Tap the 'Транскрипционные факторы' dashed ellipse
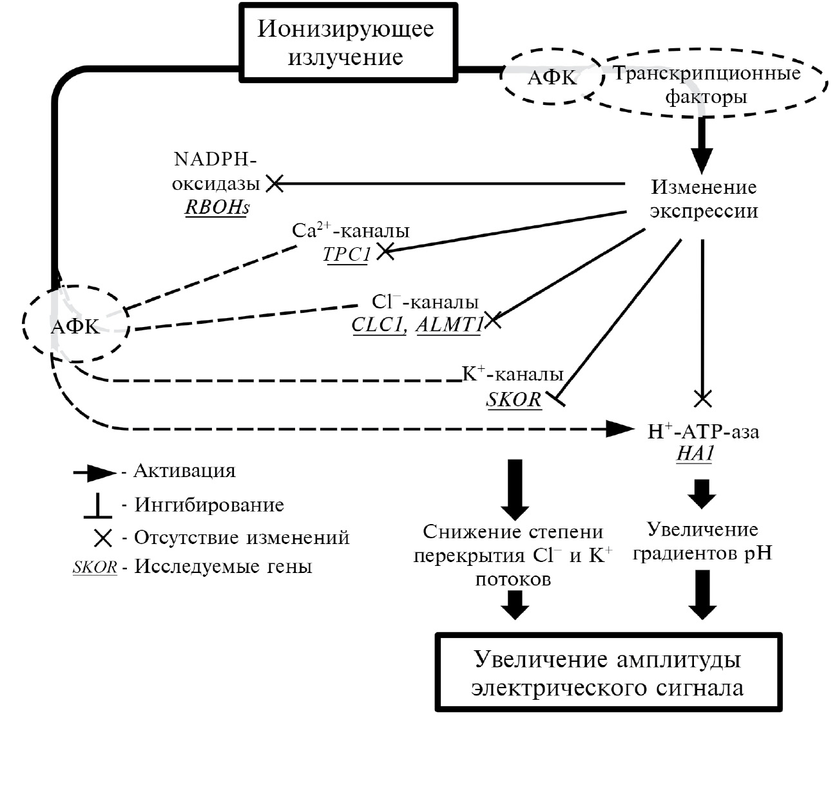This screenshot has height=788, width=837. tap(707, 85)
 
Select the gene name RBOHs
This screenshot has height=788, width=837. tap(217, 207)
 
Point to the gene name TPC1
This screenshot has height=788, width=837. tap(347, 254)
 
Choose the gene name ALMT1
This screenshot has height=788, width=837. tap(449, 324)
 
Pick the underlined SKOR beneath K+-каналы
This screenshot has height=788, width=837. tap(514, 400)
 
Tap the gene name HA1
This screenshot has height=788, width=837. tap(695, 453)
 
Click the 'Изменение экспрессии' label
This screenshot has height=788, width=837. tap(704, 199)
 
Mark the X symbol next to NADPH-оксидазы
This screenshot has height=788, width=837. tap(274, 183)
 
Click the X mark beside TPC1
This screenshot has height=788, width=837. tap(385, 251)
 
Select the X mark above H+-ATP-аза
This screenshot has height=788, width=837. tap(702, 399)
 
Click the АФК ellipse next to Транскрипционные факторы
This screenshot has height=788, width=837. tap(552, 77)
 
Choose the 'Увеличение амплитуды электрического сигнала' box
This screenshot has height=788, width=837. tap(608, 673)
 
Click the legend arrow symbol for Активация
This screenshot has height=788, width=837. tap(95, 474)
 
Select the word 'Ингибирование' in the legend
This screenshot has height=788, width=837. tap(209, 505)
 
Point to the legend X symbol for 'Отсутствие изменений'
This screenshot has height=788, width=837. tap(102, 538)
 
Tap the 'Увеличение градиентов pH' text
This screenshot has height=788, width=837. tap(702, 541)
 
